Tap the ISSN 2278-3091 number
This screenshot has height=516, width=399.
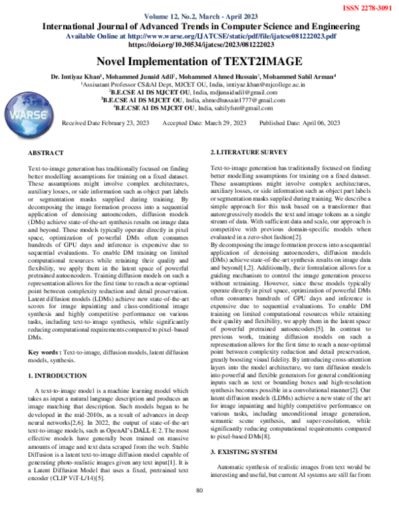[x=366, y=7]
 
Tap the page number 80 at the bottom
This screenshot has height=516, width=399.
[x=199, y=509]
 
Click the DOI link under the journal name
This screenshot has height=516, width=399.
[x=199, y=45]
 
